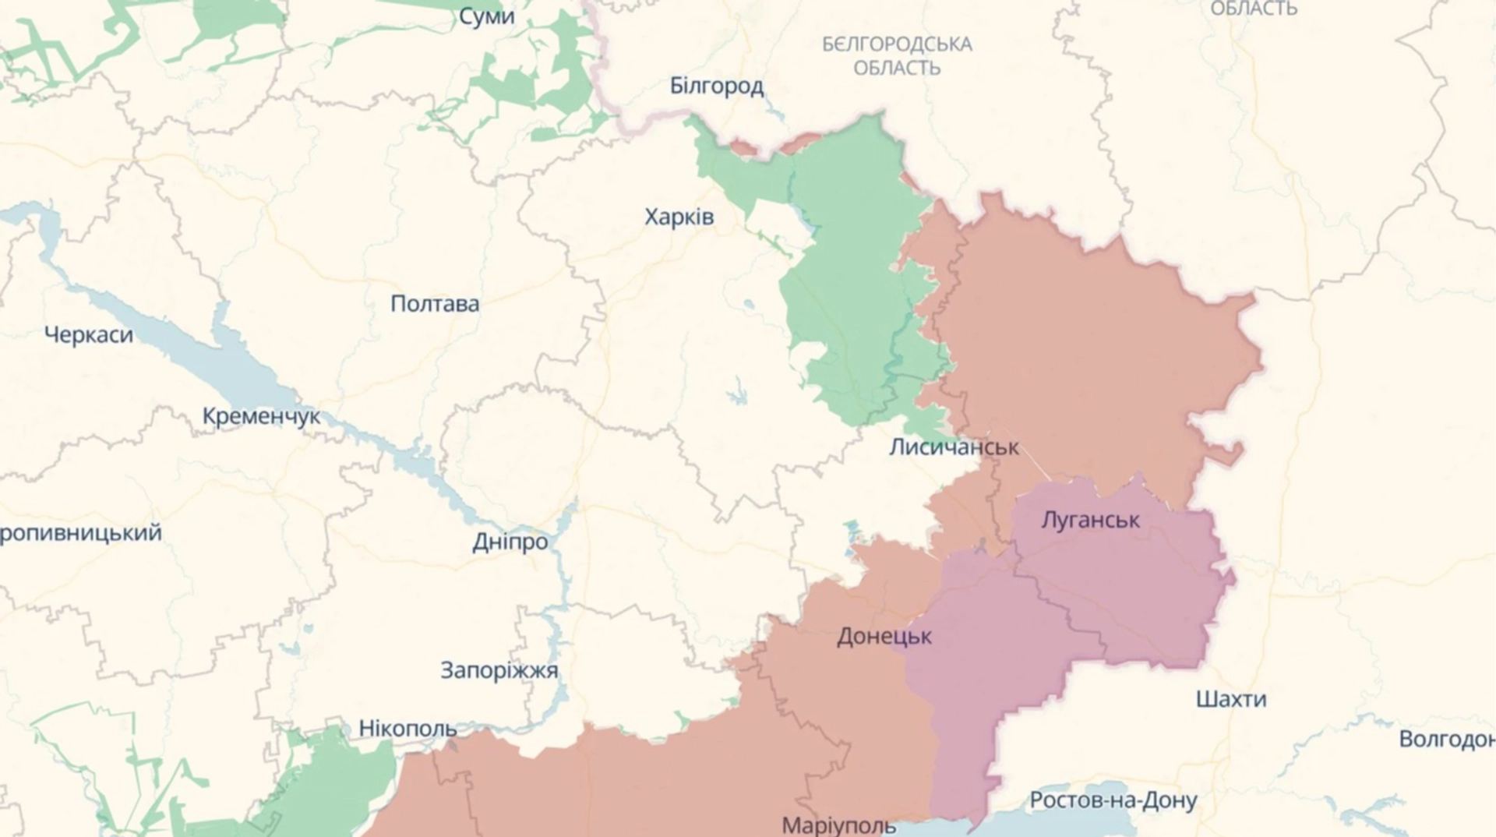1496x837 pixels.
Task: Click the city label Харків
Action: click(679, 217)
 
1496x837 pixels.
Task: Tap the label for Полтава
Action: click(434, 303)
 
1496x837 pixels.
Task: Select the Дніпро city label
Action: click(510, 542)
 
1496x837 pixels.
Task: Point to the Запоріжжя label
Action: click(499, 670)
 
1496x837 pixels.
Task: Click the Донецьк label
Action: click(884, 637)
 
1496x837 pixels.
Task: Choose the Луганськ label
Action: click(1090, 520)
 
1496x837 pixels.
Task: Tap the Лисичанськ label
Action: click(954, 447)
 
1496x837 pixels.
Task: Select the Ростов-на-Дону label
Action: click(1113, 800)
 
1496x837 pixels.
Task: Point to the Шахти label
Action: click(1230, 699)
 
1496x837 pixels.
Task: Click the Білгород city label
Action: click(716, 86)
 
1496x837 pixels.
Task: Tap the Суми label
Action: click(486, 16)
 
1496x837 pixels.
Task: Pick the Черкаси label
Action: click(88, 335)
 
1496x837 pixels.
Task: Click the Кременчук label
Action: click(261, 416)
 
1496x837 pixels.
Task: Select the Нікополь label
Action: click(408, 729)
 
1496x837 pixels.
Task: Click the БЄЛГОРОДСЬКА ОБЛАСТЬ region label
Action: click(896, 55)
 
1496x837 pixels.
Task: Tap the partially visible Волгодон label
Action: click(1446, 739)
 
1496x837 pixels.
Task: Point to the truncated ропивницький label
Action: click(80, 533)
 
